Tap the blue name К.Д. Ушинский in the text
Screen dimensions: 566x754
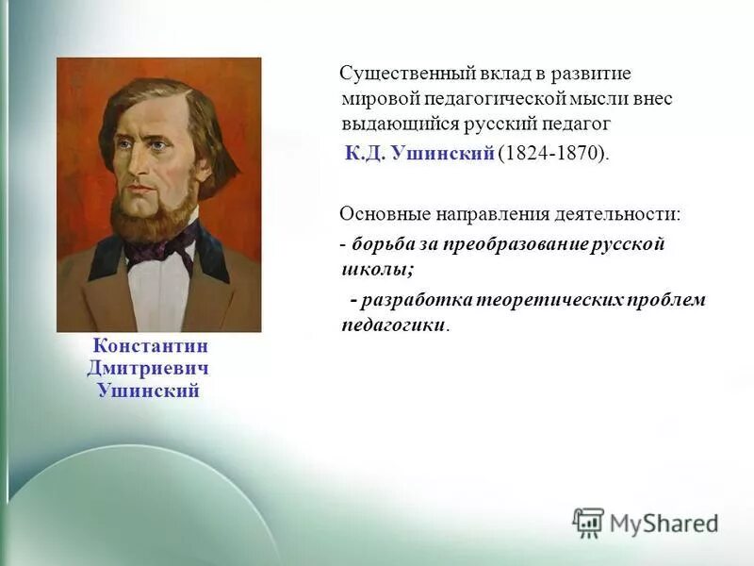[x=418, y=153]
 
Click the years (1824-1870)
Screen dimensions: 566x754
[x=553, y=153]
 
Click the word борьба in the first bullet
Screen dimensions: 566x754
[x=383, y=244]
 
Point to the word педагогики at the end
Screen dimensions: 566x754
[x=393, y=325]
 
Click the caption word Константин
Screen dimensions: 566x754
[x=149, y=346]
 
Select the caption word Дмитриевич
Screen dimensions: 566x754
[x=148, y=368]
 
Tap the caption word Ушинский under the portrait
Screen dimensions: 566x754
[x=148, y=390]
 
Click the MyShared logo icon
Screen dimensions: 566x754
[x=589, y=523]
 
